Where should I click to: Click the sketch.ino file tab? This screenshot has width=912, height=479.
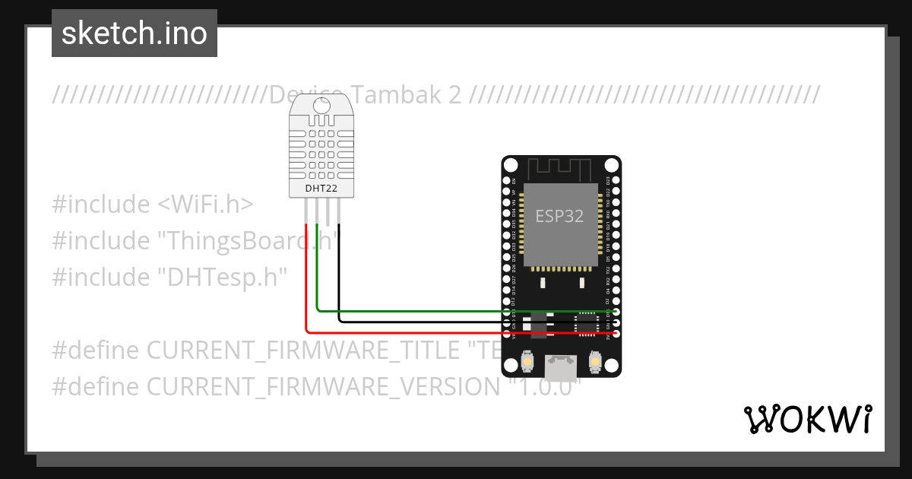[x=135, y=33]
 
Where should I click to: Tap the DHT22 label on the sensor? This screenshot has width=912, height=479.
[x=321, y=188]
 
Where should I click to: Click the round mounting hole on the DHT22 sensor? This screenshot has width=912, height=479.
[x=321, y=119]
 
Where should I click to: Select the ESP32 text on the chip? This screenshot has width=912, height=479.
[x=559, y=216]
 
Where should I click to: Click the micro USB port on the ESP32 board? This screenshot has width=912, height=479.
[x=561, y=368]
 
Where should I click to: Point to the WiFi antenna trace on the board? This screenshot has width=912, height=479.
[x=560, y=169]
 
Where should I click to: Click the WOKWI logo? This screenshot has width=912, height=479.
[x=807, y=419]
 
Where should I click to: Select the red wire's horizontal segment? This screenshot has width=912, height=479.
[x=456, y=332]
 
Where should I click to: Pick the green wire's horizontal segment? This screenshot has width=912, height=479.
[x=456, y=311]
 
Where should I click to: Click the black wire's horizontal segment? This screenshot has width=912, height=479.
[x=456, y=322]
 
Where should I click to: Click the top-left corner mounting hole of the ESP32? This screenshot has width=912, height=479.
[x=509, y=165]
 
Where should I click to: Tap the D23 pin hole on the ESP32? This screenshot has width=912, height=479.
[x=616, y=182]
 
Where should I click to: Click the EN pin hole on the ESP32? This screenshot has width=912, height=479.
[x=507, y=182]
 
